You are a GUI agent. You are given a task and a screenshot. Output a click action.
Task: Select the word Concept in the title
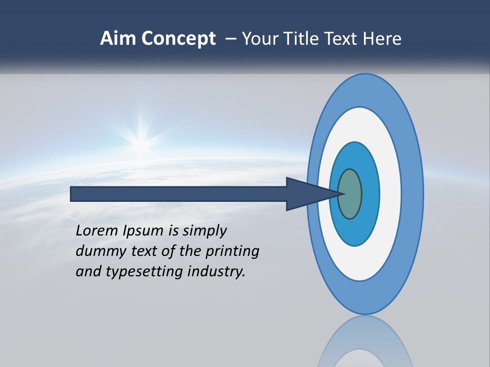tap(179, 38)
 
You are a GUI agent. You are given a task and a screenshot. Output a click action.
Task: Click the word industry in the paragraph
tap(216, 272)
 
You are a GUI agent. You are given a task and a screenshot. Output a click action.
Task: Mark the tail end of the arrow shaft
tap(74, 194)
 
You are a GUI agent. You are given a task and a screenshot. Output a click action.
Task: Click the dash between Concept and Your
tap(230, 38)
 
